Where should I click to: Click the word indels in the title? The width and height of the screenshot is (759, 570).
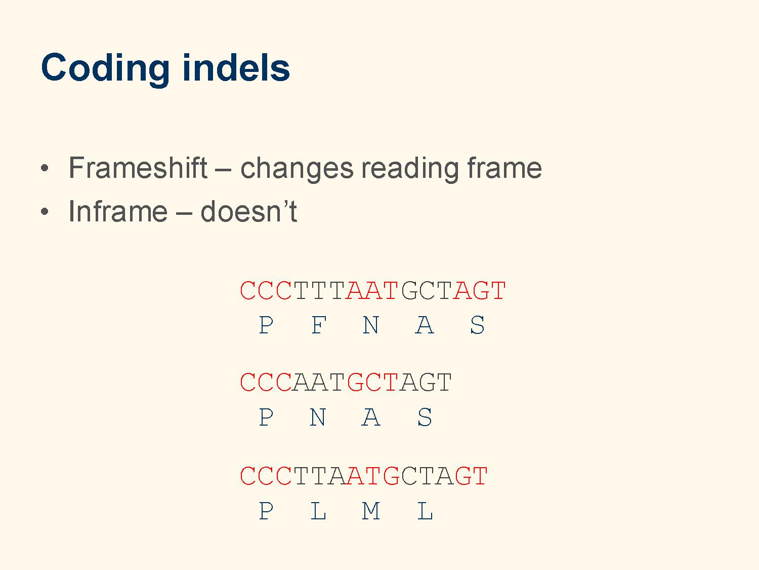236,67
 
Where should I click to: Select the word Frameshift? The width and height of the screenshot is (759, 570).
138,168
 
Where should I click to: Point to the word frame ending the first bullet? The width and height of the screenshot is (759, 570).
504,168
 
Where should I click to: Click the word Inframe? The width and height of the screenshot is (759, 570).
118,211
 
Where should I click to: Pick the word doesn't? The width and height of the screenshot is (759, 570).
248,211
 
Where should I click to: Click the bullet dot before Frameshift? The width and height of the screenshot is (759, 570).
45,168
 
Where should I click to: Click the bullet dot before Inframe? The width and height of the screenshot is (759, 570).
45,211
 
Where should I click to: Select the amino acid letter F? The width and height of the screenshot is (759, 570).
319,325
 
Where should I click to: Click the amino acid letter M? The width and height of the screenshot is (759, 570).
371,511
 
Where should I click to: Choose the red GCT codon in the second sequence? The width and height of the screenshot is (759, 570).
372,382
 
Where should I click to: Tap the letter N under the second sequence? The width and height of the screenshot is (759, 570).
318,417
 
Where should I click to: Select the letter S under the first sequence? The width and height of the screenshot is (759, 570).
478,325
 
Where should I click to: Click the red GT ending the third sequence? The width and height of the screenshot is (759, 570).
471,476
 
